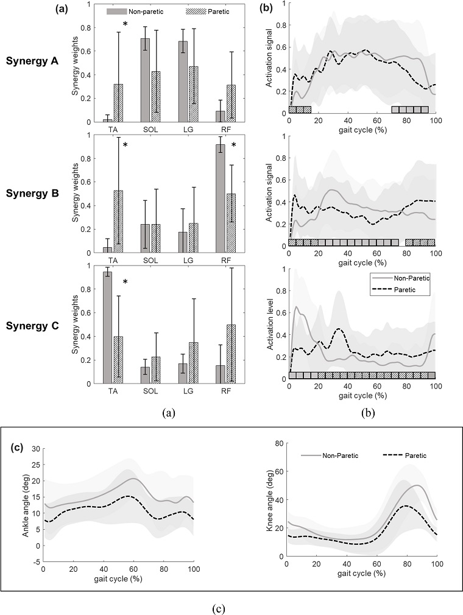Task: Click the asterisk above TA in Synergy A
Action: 125,25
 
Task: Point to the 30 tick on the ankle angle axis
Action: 35,449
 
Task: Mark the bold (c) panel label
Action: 19,446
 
